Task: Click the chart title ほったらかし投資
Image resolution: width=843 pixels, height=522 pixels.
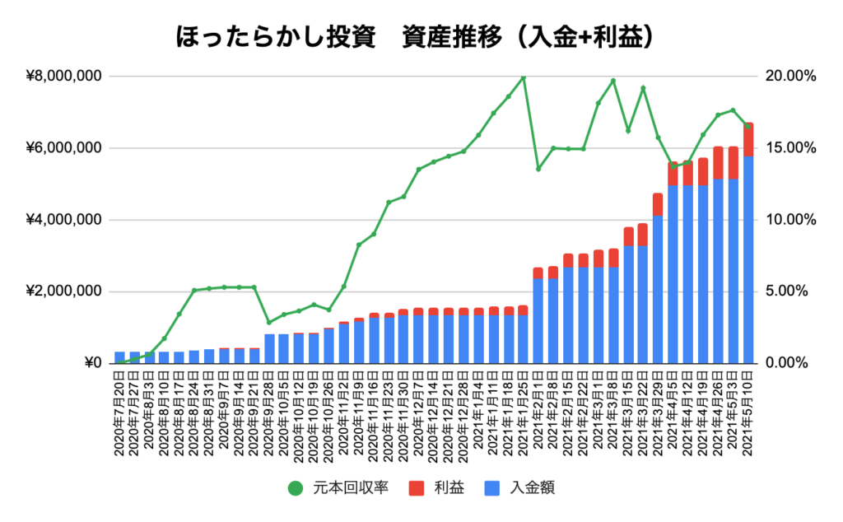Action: click(272, 36)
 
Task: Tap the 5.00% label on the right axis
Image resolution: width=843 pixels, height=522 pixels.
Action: click(792, 291)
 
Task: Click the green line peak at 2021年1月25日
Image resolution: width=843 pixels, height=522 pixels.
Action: click(524, 77)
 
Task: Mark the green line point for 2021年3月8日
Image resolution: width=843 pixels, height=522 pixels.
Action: click(613, 81)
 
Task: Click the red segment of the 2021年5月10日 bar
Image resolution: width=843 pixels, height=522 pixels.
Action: click(748, 139)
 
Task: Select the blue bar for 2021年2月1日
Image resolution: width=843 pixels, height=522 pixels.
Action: click(538, 321)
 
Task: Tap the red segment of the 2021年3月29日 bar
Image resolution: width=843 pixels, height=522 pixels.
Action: click(658, 204)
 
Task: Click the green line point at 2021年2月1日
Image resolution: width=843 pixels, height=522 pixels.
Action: click(538, 169)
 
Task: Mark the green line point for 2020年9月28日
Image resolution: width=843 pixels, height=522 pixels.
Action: click(269, 322)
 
